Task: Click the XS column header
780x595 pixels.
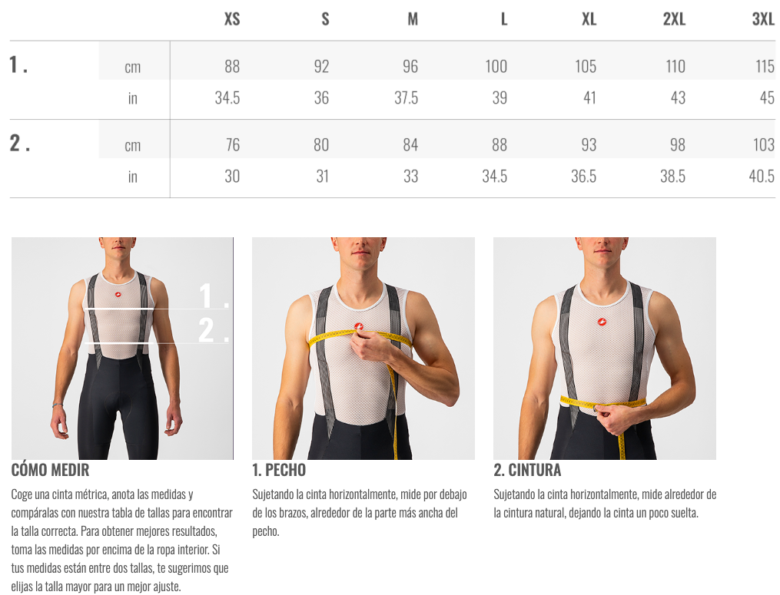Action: click(232, 19)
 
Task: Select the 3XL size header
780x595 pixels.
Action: click(763, 19)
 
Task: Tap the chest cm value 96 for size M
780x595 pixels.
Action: click(410, 66)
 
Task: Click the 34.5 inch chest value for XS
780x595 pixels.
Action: click(227, 98)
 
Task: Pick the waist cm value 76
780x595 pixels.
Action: click(233, 144)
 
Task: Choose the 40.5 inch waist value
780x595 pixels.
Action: click(762, 176)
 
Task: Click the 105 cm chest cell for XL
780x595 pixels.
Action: click(586, 66)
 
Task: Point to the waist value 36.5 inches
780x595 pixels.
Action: click(583, 176)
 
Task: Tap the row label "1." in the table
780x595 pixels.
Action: click(18, 64)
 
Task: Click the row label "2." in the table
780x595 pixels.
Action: click(20, 143)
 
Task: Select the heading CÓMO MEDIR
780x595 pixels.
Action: click(50, 470)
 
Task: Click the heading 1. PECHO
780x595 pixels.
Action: click(279, 470)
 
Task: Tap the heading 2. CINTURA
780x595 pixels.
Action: click(527, 470)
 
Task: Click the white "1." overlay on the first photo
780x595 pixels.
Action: click(214, 296)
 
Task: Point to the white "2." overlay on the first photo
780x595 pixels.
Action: click(214, 329)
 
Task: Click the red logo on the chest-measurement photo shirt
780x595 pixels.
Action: click(359, 326)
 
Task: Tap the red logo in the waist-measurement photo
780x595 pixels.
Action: click(602, 322)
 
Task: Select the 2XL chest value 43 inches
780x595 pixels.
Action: click(678, 98)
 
